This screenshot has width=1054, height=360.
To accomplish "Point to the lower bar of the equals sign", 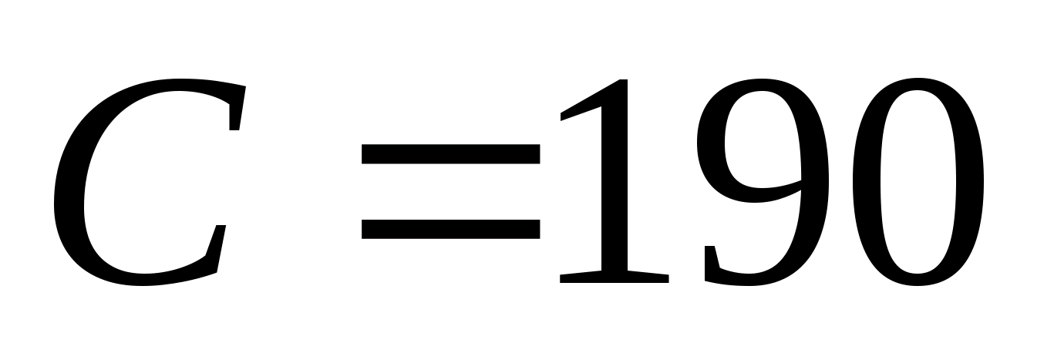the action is click(451, 229).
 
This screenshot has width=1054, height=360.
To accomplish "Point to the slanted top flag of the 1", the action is click(586, 104).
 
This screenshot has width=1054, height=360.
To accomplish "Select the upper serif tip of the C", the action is click(237, 108).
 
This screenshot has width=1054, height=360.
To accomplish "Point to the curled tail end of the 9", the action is click(713, 266).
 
